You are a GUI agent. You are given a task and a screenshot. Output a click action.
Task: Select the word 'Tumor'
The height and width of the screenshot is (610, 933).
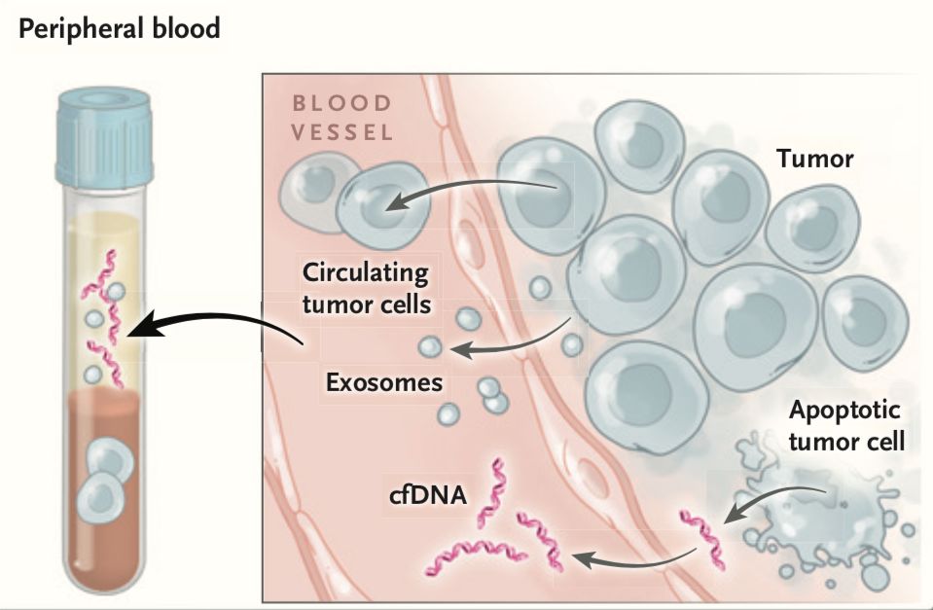814,158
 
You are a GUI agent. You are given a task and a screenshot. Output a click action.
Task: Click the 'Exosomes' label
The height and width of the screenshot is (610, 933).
384,380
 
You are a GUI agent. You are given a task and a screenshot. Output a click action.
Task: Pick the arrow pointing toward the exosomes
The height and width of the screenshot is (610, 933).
516,341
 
